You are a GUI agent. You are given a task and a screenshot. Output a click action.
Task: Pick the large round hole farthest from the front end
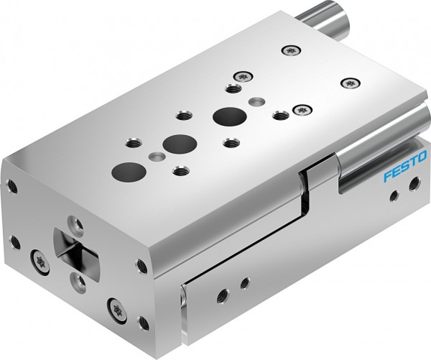227,116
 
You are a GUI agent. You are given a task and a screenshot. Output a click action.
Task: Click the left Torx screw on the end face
37,257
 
